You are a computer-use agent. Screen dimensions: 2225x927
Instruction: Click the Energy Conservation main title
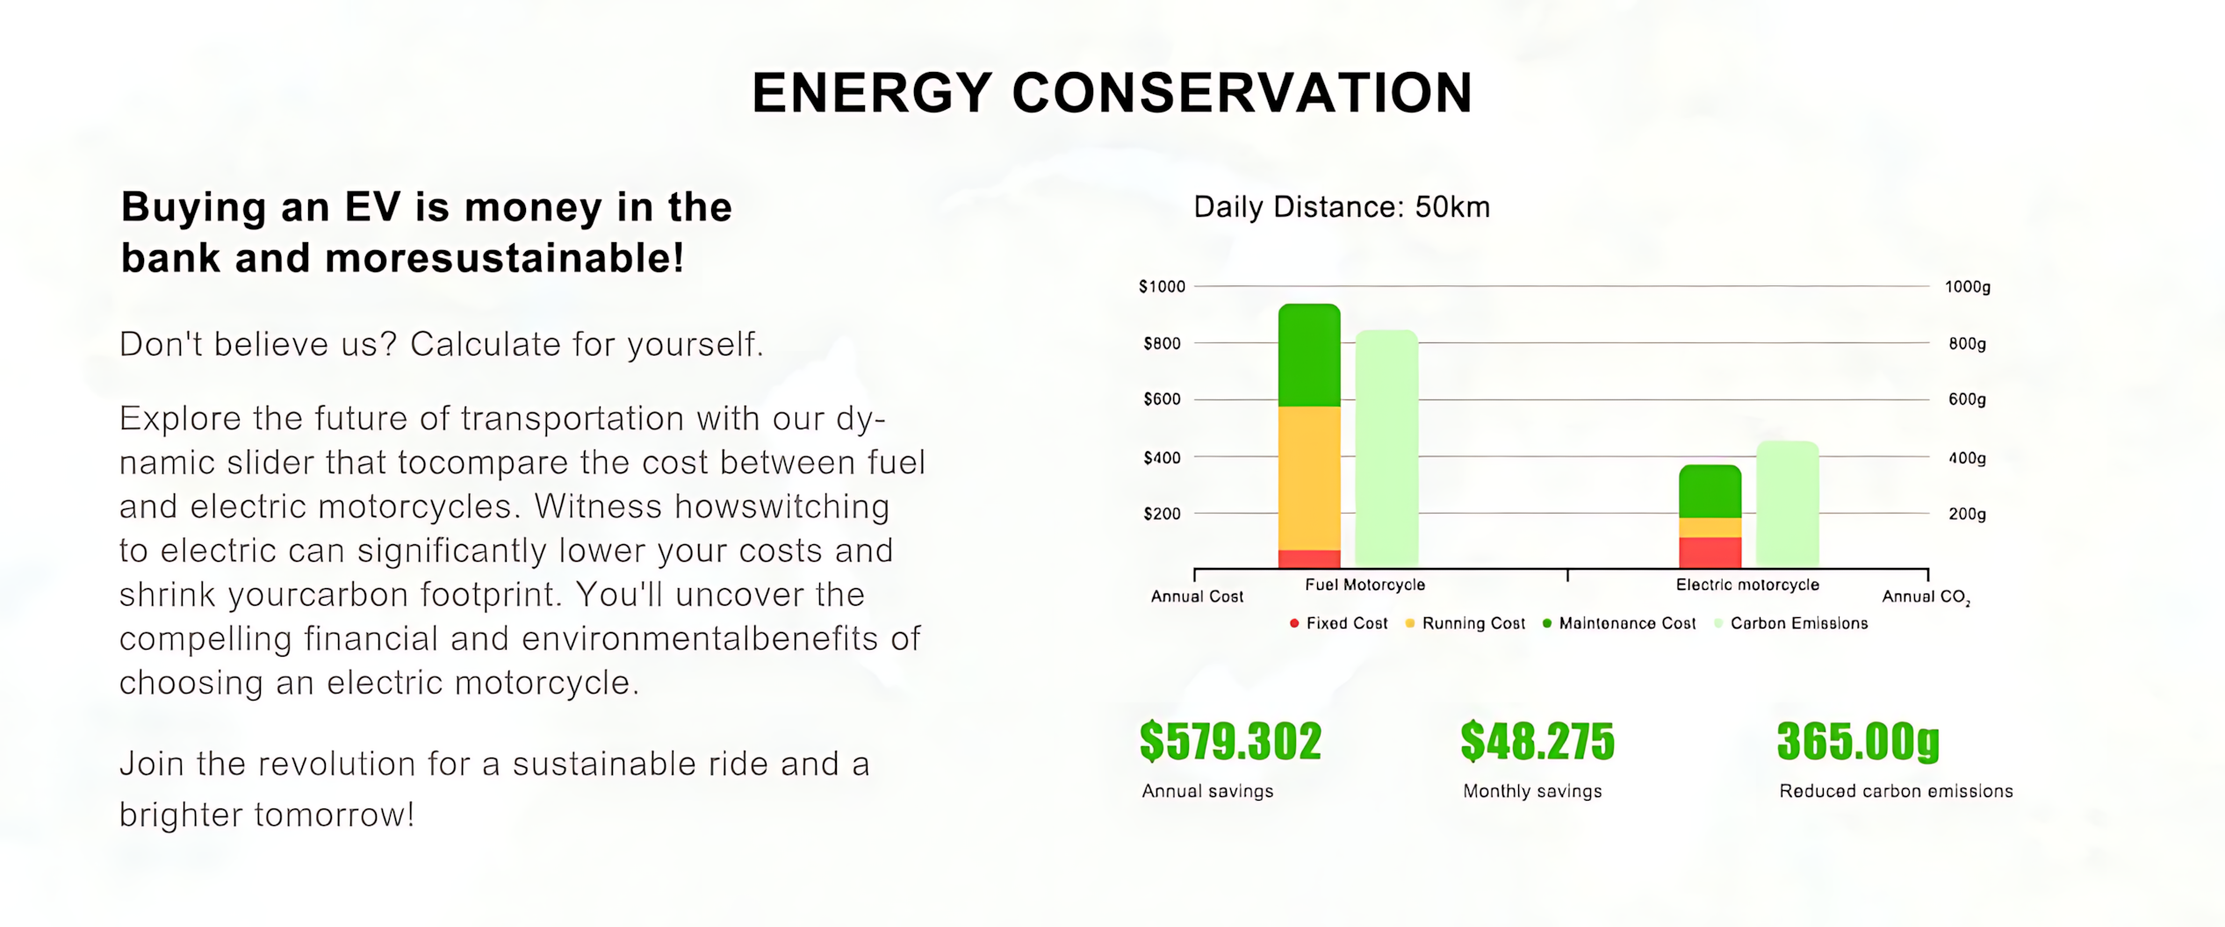1112,93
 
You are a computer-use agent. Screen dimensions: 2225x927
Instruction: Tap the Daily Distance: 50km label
1342,207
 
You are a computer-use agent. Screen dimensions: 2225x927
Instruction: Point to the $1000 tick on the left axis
1162,286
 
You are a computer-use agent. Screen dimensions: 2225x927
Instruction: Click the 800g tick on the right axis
1967,343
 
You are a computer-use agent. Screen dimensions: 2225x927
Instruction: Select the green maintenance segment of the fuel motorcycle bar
1309,356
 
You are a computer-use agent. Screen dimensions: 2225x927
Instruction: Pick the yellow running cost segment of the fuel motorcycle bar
1309,478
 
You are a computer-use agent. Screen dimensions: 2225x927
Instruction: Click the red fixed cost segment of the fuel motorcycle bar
1309,558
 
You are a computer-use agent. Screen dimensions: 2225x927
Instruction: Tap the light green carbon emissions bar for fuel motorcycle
1386,448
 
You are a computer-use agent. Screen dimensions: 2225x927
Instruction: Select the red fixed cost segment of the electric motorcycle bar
1710,552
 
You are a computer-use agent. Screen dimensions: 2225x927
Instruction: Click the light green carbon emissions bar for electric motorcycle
1787,504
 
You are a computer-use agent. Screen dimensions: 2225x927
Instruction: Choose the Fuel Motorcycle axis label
1365,585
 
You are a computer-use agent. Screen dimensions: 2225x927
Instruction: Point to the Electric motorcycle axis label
1747,585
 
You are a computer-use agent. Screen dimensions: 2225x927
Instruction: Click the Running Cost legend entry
1465,623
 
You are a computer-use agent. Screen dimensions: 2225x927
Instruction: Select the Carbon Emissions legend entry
1791,623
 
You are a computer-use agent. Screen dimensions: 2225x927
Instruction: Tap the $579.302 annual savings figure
1230,741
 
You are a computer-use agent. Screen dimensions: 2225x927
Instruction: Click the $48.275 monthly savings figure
1537,741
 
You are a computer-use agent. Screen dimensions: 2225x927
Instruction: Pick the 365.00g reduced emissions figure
1858,742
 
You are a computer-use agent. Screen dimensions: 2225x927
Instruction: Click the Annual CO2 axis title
1926,597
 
